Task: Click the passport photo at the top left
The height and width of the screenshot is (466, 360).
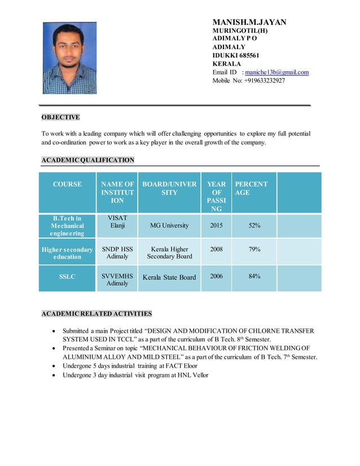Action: pos(70,58)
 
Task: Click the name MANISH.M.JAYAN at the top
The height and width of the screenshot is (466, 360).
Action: pos(249,23)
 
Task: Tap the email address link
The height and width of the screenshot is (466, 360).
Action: pos(276,72)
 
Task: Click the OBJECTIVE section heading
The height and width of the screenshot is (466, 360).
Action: pos(60,117)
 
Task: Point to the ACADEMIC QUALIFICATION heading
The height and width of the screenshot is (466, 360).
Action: pos(88,160)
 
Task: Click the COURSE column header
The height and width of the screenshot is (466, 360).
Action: pos(68,184)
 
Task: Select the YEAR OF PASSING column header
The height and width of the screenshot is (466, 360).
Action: pos(216,196)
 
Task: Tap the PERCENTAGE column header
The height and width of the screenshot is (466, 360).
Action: pos(251,188)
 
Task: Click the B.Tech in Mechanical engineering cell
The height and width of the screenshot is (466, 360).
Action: pos(68,226)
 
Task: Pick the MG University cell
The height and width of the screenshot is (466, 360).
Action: pos(169,226)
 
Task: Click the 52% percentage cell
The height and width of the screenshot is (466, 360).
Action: pos(254,226)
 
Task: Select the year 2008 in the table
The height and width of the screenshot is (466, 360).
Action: pos(216,248)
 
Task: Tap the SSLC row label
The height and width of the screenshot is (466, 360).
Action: pos(68,276)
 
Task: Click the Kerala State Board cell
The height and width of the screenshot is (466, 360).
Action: pos(169,277)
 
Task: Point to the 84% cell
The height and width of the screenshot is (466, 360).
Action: pos(254,276)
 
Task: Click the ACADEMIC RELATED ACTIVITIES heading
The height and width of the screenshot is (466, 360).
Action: pos(96,314)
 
